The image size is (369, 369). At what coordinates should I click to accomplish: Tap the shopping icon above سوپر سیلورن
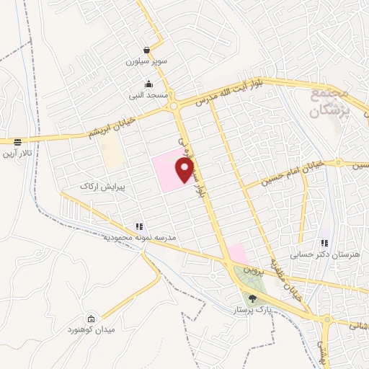click(147, 51)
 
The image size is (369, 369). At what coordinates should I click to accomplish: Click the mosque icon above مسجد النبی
click(149, 84)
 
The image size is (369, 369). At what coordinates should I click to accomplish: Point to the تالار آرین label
click(17, 153)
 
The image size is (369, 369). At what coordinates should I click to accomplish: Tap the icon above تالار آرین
click(17, 141)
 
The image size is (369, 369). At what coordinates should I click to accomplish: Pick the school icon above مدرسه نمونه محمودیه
click(138, 226)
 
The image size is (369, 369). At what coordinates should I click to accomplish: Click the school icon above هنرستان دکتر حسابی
click(324, 243)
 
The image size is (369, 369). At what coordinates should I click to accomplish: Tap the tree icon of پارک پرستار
click(252, 298)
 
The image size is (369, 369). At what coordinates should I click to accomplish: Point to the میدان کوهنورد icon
click(91, 319)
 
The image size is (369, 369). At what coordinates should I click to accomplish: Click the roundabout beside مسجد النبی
click(173, 108)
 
